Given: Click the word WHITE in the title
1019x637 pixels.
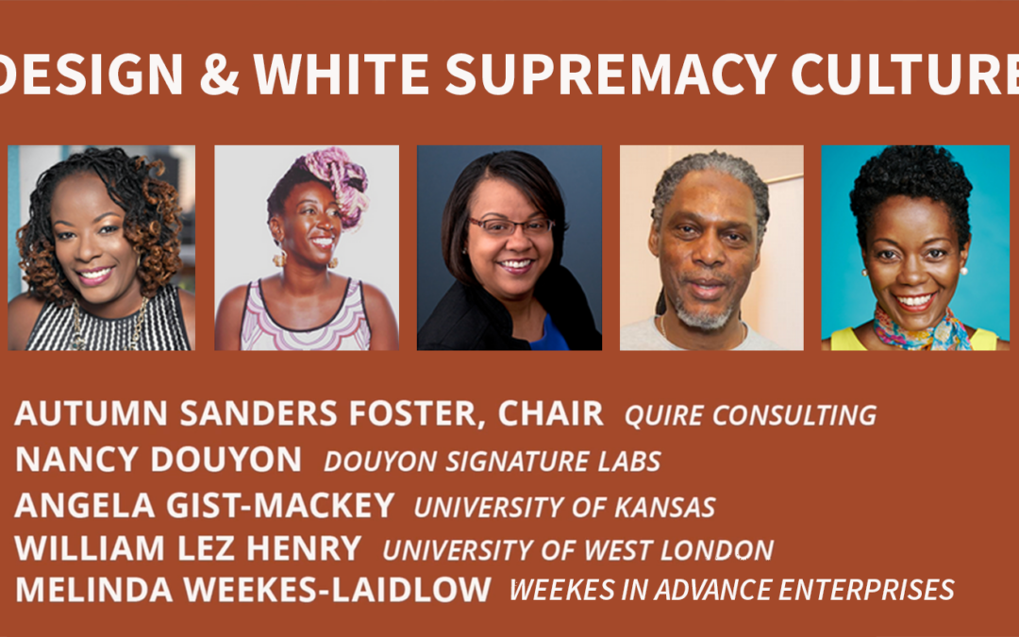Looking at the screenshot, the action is point(342,75).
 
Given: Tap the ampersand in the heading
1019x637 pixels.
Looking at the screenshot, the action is point(219,75).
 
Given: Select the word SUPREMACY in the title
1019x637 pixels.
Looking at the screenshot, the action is point(610,75).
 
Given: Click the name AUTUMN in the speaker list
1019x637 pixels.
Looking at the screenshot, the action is point(91,413).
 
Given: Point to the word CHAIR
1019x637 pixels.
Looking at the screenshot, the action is point(551,413).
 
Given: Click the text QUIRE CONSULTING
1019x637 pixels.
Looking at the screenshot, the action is point(751,415).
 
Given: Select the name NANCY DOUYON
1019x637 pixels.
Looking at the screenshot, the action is point(158,459).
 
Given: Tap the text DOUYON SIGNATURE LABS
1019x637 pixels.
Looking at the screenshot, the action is point(492,461).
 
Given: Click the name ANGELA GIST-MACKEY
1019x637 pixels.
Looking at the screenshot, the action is point(204,505).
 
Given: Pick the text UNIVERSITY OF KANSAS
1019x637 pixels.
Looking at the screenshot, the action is point(565,507).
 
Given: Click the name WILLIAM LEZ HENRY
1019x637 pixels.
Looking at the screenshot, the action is point(188,548).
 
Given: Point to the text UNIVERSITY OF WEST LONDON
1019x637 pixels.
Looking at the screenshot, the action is point(577,550).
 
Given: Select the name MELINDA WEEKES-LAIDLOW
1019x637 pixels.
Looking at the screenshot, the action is point(253,590).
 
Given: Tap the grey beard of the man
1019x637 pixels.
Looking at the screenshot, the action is point(702,312).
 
